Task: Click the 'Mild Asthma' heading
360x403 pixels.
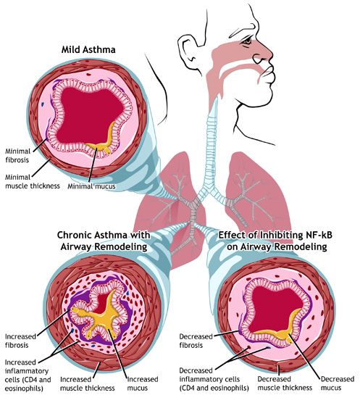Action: click(x=88, y=49)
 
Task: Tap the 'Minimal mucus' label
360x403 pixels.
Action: click(x=91, y=186)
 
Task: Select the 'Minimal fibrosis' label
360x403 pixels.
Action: click(x=17, y=156)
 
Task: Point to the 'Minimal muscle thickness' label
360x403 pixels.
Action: click(x=33, y=181)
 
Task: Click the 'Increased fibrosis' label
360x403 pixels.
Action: click(x=20, y=341)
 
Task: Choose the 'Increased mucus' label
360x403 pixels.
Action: click(x=143, y=383)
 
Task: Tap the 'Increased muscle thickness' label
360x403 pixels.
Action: click(x=88, y=383)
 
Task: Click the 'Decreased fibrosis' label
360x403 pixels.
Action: click(x=196, y=341)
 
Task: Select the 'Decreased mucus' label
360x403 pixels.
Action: click(x=338, y=383)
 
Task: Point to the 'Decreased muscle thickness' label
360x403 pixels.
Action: click(x=285, y=383)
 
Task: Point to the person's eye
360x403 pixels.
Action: click(x=248, y=41)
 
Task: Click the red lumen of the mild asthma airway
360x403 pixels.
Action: click(x=88, y=113)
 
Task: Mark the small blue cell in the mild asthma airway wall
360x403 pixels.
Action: click(x=42, y=104)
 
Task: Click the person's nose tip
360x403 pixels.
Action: click(x=271, y=55)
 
